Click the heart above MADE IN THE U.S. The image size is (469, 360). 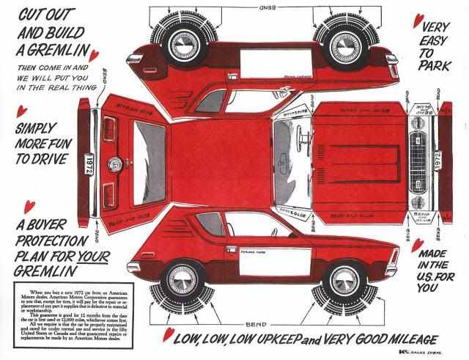pyautogui.click(x=417, y=246)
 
